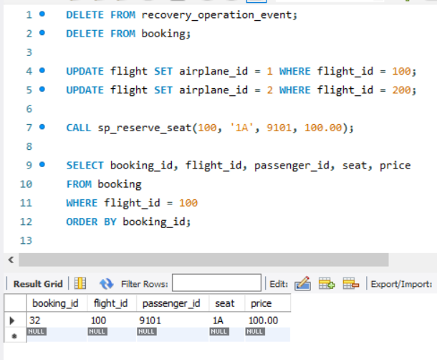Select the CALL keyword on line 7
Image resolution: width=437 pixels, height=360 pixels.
click(79, 128)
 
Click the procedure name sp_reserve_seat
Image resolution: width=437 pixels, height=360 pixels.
click(144, 128)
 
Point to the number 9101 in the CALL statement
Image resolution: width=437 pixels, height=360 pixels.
click(279, 128)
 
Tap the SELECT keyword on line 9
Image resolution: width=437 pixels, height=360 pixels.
click(85, 166)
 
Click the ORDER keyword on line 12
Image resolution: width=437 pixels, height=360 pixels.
click(82, 222)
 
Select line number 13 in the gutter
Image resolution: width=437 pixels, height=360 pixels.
click(26, 240)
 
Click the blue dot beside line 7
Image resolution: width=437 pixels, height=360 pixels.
click(42, 127)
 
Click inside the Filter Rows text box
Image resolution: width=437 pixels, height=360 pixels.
click(216, 283)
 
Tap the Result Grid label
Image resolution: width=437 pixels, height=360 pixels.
click(38, 284)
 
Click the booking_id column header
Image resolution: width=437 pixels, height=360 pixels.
click(55, 303)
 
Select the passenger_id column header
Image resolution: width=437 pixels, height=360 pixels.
click(171, 303)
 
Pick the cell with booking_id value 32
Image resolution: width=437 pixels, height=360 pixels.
click(35, 321)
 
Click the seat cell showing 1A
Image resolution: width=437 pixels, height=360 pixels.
click(218, 321)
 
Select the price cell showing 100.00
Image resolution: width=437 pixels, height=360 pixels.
click(263, 321)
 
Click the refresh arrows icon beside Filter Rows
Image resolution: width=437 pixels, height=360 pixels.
click(107, 284)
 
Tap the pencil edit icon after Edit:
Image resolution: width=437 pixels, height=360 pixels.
click(302, 283)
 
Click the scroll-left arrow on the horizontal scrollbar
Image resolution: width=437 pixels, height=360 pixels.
click(11, 260)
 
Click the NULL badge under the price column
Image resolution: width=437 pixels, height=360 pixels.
click(255, 331)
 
